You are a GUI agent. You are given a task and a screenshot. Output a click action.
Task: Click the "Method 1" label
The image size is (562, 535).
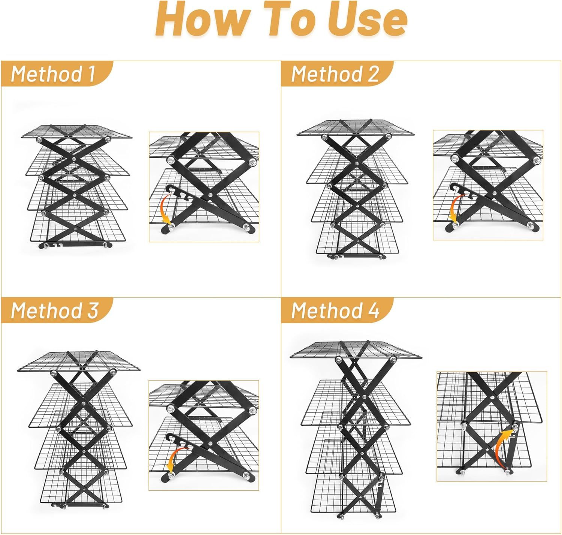tap(53, 74)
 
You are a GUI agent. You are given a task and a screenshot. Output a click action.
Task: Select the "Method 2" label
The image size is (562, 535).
tap(335, 74)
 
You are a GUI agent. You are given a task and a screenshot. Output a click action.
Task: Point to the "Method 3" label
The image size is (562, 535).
tap(55, 310)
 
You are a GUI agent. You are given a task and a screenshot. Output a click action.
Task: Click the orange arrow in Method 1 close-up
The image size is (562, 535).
tap(166, 208)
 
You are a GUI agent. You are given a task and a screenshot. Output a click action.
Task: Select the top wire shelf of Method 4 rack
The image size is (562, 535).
tap(356, 350)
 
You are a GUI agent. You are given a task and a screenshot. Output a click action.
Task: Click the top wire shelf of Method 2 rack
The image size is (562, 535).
tap(356, 127)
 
